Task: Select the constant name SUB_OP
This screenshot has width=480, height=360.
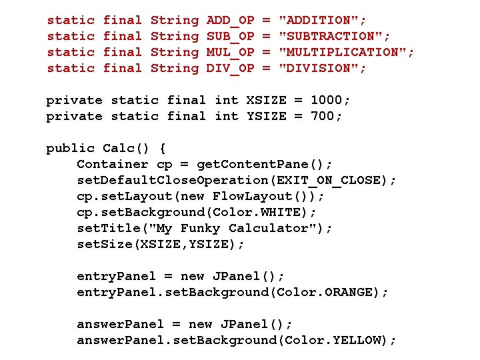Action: [x=230, y=37]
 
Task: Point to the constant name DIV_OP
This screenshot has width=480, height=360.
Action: [x=230, y=69]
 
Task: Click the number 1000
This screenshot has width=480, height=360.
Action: [x=326, y=101]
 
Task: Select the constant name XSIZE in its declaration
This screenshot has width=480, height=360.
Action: [x=266, y=101]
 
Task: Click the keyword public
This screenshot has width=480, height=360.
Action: [x=70, y=148]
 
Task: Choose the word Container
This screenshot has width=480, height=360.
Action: [x=113, y=164]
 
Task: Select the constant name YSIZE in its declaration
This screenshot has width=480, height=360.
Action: [x=266, y=117]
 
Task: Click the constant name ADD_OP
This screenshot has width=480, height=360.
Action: [x=230, y=21]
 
